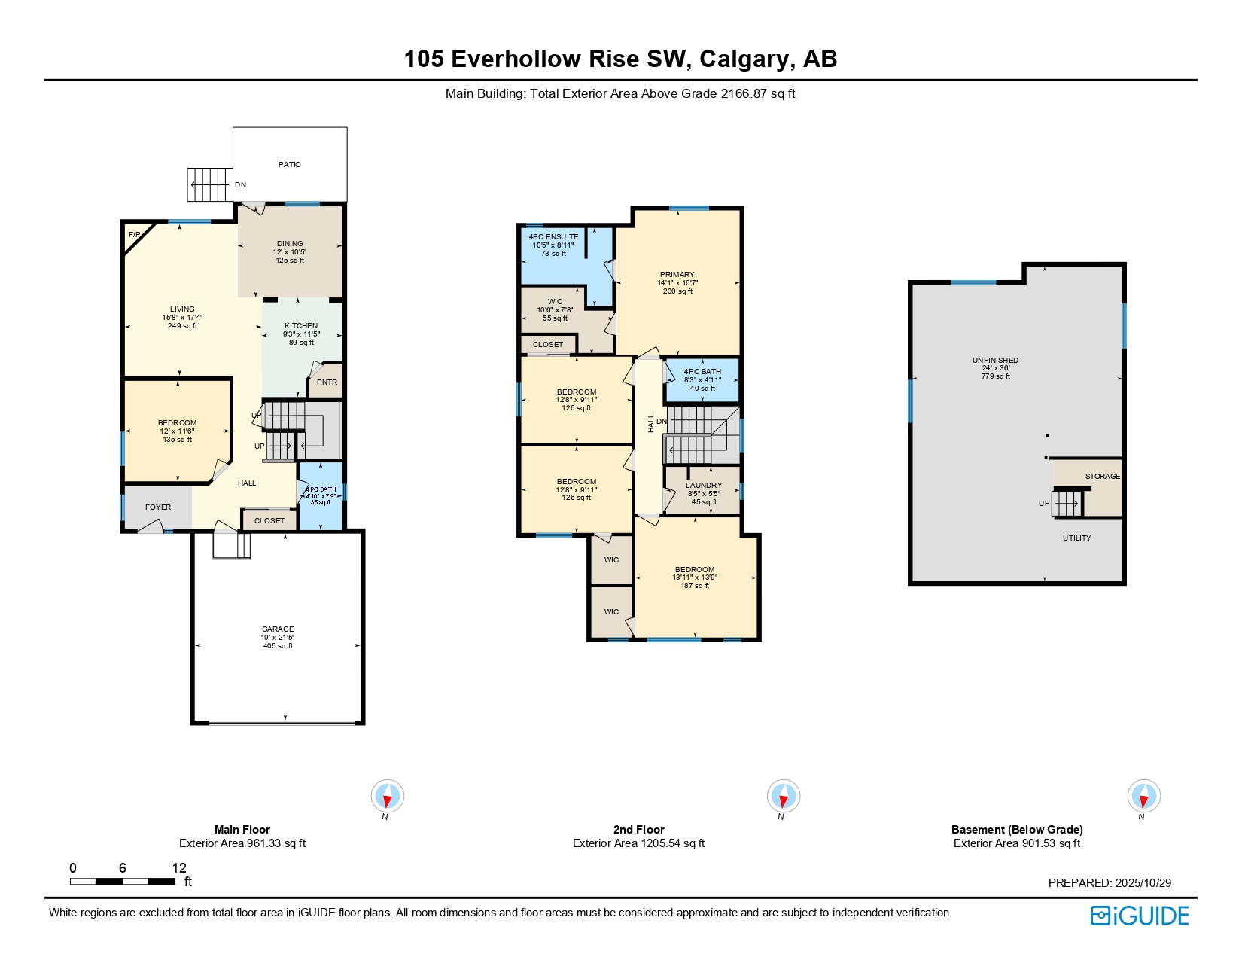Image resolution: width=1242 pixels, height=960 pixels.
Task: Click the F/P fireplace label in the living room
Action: coord(134,235)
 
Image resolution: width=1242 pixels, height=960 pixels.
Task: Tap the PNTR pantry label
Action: coord(327,382)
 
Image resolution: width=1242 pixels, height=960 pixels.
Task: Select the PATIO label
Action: coord(289,164)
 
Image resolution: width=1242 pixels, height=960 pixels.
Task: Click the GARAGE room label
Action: coord(278,629)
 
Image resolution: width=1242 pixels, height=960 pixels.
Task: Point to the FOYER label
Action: coord(158,507)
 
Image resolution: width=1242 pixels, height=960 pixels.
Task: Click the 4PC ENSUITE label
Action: coord(553,237)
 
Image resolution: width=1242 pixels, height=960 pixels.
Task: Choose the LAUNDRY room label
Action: coord(704,486)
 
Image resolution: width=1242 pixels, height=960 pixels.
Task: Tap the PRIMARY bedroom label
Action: coord(677,275)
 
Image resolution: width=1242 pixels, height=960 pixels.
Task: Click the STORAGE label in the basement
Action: coord(1102,477)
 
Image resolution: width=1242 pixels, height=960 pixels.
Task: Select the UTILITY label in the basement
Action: coord(1076,538)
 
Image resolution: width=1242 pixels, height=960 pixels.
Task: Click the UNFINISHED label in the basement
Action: coord(995,361)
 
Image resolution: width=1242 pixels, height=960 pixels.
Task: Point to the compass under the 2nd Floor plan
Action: coord(783,796)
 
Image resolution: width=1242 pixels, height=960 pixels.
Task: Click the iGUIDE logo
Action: coord(1140,916)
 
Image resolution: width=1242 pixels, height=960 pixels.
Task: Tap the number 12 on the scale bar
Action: coord(179,868)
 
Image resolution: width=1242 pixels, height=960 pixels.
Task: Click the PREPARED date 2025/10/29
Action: coord(1143,883)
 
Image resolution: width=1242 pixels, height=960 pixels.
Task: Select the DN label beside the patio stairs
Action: coord(240,185)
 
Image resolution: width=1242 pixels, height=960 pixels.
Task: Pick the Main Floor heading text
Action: coord(242,830)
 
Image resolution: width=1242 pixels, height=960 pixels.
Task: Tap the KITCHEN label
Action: coord(300,326)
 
